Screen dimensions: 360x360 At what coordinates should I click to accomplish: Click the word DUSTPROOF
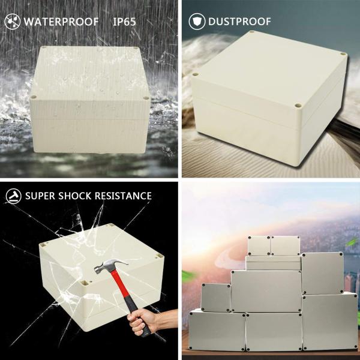point(239,22)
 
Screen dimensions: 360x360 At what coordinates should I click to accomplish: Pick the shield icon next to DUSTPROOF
point(196,22)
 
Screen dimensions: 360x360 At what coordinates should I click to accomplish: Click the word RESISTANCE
point(123,196)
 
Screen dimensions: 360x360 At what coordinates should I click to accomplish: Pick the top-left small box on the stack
point(259,245)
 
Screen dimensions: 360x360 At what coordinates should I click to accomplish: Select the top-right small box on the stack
point(285,245)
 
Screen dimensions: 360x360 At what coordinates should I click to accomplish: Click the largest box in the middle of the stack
point(266,291)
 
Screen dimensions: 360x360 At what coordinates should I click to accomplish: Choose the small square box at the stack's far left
point(216,298)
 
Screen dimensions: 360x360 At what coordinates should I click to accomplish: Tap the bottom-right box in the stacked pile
point(329,321)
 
